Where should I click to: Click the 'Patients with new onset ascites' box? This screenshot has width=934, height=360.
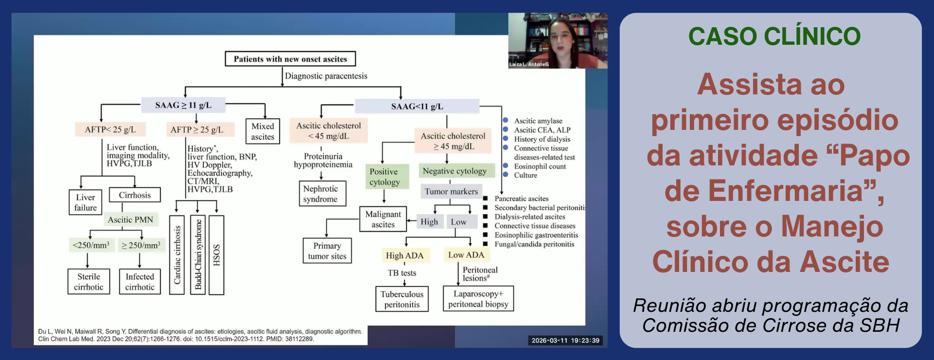point(290,59)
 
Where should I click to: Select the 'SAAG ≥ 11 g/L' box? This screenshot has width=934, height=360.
point(183,105)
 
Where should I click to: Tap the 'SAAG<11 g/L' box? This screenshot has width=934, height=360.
point(417,106)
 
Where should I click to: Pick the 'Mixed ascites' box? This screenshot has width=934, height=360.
point(263,131)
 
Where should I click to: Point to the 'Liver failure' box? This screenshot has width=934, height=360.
point(85,202)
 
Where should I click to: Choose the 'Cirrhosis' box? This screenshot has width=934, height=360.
point(135,195)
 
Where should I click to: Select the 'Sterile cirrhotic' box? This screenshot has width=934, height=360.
point(89,282)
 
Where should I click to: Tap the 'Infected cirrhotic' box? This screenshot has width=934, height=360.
point(140,282)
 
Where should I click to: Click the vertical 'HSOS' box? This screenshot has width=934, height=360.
point(216,255)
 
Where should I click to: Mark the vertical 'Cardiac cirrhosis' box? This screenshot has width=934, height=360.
point(177,255)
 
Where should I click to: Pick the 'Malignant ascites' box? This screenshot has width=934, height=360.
point(383,219)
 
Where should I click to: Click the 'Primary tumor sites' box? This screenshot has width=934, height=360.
point(327,251)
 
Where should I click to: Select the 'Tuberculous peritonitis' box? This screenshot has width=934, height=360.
point(402,299)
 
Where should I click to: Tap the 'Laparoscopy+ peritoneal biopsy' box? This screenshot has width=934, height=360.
point(478,299)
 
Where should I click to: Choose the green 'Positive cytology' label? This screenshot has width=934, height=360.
point(384,177)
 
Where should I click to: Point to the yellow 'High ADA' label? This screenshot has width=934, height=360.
point(404,255)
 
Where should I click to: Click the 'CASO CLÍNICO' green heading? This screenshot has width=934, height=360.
point(774,36)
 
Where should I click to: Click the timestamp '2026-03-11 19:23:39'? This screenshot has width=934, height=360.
point(565,341)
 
